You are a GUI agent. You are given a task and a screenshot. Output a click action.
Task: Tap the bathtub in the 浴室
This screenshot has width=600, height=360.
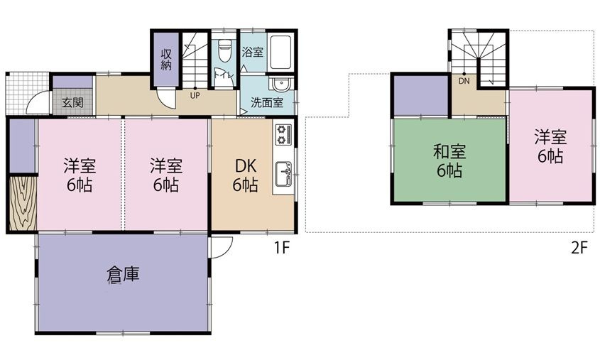(280, 52)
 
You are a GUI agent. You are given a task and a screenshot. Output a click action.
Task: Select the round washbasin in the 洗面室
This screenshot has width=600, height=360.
(281, 84)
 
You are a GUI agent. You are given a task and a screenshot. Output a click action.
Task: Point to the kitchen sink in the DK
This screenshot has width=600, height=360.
(283, 175)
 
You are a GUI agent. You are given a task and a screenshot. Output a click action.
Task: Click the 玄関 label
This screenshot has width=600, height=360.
(72, 102)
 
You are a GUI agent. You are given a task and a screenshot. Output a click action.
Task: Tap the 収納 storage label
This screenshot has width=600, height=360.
(165, 60)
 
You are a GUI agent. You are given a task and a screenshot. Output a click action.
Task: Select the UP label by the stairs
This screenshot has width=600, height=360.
(195, 95)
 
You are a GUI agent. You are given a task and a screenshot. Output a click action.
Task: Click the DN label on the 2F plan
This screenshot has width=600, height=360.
(464, 81)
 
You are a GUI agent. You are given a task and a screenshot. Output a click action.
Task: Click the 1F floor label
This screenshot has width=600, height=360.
(281, 248)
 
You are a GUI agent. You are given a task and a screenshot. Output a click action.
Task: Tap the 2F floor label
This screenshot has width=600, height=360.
(579, 248)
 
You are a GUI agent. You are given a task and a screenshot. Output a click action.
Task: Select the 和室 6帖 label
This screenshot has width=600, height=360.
(449, 160)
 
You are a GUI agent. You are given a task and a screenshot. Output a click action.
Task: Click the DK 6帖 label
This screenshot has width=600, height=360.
(245, 175)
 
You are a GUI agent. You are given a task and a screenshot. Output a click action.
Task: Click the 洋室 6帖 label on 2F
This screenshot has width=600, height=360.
(550, 146)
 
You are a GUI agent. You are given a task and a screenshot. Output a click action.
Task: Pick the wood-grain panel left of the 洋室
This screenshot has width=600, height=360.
(23, 203)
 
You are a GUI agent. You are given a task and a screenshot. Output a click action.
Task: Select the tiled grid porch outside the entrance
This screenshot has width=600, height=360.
(27, 93)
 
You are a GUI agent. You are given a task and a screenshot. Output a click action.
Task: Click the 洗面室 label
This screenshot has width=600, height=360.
(267, 102)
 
